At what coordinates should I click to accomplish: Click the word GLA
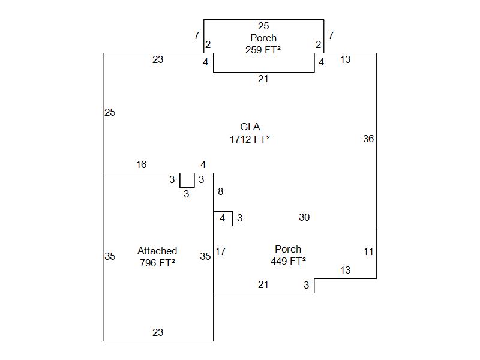coord(250,127)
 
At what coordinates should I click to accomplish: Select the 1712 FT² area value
coord(250,139)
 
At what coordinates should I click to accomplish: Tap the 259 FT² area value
coord(263,50)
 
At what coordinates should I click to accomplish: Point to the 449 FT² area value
coord(288,261)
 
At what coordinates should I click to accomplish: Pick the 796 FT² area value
coord(157,263)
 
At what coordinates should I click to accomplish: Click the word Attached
coord(157,251)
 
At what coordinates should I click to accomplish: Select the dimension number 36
coord(368,139)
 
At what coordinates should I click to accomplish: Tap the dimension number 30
coord(304,217)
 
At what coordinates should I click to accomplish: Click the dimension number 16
coord(141,164)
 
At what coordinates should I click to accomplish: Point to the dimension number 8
coord(220,192)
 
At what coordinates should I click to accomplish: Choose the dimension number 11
coord(368,251)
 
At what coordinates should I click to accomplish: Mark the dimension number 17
coord(220,251)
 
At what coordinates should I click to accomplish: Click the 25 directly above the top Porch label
coord(263,26)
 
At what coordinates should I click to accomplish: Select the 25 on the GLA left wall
coord(110,112)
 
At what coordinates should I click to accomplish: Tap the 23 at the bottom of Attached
coord(158,332)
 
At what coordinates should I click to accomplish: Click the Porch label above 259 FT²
coord(263,38)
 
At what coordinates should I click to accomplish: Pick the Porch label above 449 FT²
coord(288,249)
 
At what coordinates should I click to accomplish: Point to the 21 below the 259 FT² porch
coord(263,79)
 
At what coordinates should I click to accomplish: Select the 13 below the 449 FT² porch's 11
coord(345,270)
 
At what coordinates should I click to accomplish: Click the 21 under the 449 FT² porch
coord(263,284)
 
